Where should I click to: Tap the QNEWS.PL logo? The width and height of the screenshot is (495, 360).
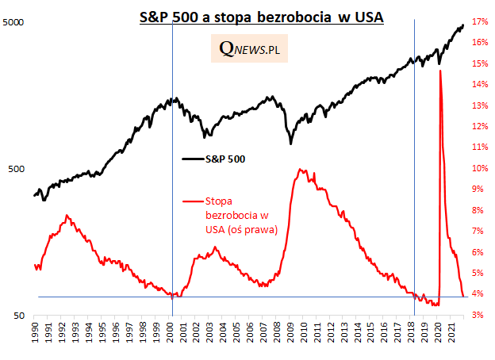coord(254,51)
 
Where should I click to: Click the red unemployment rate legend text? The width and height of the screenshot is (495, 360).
coord(230,216)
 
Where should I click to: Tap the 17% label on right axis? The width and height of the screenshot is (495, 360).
coord(479,22)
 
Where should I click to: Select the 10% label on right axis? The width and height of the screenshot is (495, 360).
coord(479,169)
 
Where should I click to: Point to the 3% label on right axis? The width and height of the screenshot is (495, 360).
coord(479,316)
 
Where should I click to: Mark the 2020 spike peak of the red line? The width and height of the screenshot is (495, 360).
coord(439,71)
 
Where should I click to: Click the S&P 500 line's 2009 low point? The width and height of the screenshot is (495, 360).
coord(291,144)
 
